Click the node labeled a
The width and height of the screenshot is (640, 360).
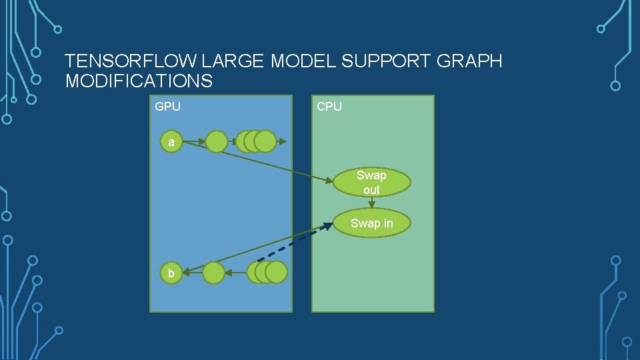pyautogui.click(x=171, y=142)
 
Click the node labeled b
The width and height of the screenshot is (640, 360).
pyautogui.click(x=171, y=273)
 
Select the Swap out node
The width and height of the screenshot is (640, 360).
pyautogui.click(x=371, y=182)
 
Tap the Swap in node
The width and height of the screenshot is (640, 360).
pyautogui.click(x=371, y=223)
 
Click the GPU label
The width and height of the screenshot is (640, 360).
pyautogui.click(x=167, y=107)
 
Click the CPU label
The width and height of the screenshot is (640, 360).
pyautogui.click(x=329, y=107)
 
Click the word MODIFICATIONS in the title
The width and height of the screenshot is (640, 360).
pyautogui.click(x=139, y=81)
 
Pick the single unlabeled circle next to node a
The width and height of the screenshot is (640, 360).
pyautogui.click(x=216, y=142)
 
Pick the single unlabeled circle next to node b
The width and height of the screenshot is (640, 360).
pyautogui.click(x=213, y=273)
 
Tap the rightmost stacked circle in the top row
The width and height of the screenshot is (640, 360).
pyautogui.click(x=265, y=142)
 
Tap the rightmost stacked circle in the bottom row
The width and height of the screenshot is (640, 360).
pyautogui.click(x=276, y=273)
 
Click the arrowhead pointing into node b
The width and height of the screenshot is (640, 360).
pyautogui.click(x=187, y=271)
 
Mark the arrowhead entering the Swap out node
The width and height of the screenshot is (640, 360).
pyautogui.click(x=331, y=181)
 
